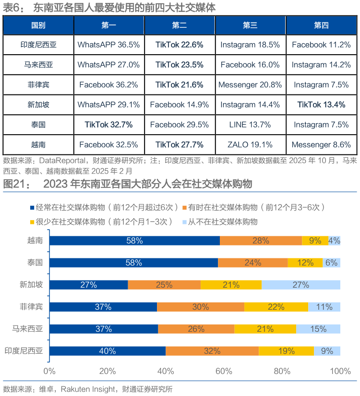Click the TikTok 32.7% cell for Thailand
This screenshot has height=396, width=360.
tap(108, 125)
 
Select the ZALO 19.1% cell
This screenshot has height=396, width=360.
tap(250, 145)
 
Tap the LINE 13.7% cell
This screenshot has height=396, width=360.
tap(250, 125)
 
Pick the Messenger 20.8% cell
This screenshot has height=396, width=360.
tap(250, 85)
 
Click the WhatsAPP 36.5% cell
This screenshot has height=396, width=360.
tap(108, 45)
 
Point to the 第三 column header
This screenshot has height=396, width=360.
tap(250, 25)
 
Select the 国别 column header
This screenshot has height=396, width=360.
tap(38, 25)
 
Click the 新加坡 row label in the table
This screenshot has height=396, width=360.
tap(38, 105)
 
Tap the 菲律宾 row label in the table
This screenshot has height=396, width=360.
tap(38, 85)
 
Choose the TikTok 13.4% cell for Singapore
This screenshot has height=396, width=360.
tap(321, 105)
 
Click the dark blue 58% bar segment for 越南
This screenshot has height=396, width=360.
tap(135, 241)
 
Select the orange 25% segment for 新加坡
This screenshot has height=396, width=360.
tap(164, 285)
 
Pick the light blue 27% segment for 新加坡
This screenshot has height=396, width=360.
tap(301, 285)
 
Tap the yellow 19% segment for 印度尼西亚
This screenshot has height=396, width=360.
tap(287, 351)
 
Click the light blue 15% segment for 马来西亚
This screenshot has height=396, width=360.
tap(318, 329)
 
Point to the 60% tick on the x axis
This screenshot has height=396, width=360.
tap(224, 371)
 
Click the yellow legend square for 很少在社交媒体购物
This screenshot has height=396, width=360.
tap(32, 222)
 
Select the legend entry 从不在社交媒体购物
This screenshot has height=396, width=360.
tap(220, 222)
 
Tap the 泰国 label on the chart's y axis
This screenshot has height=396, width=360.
tap(35, 263)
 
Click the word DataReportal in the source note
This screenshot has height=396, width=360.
tap(62, 161)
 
